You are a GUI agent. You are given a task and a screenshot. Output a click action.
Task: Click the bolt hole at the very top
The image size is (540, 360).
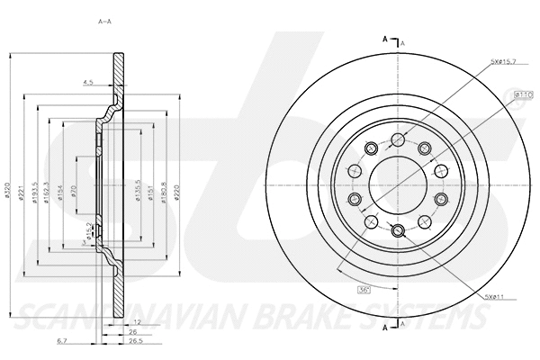click(x=396, y=139)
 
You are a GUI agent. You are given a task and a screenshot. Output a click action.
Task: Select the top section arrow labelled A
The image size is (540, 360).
click(x=387, y=40)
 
